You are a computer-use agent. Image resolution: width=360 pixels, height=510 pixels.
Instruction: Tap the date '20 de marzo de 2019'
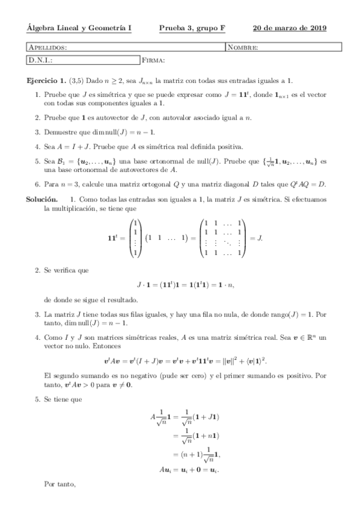(x=290, y=28)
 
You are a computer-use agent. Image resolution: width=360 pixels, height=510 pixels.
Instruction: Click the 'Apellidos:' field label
(x=48, y=47)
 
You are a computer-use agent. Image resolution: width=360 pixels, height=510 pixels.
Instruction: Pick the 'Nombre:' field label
(x=243, y=47)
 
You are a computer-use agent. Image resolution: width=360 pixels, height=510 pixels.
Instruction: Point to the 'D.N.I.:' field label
(x=41, y=60)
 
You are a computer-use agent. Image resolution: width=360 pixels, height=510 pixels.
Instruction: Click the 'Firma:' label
(x=154, y=60)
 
